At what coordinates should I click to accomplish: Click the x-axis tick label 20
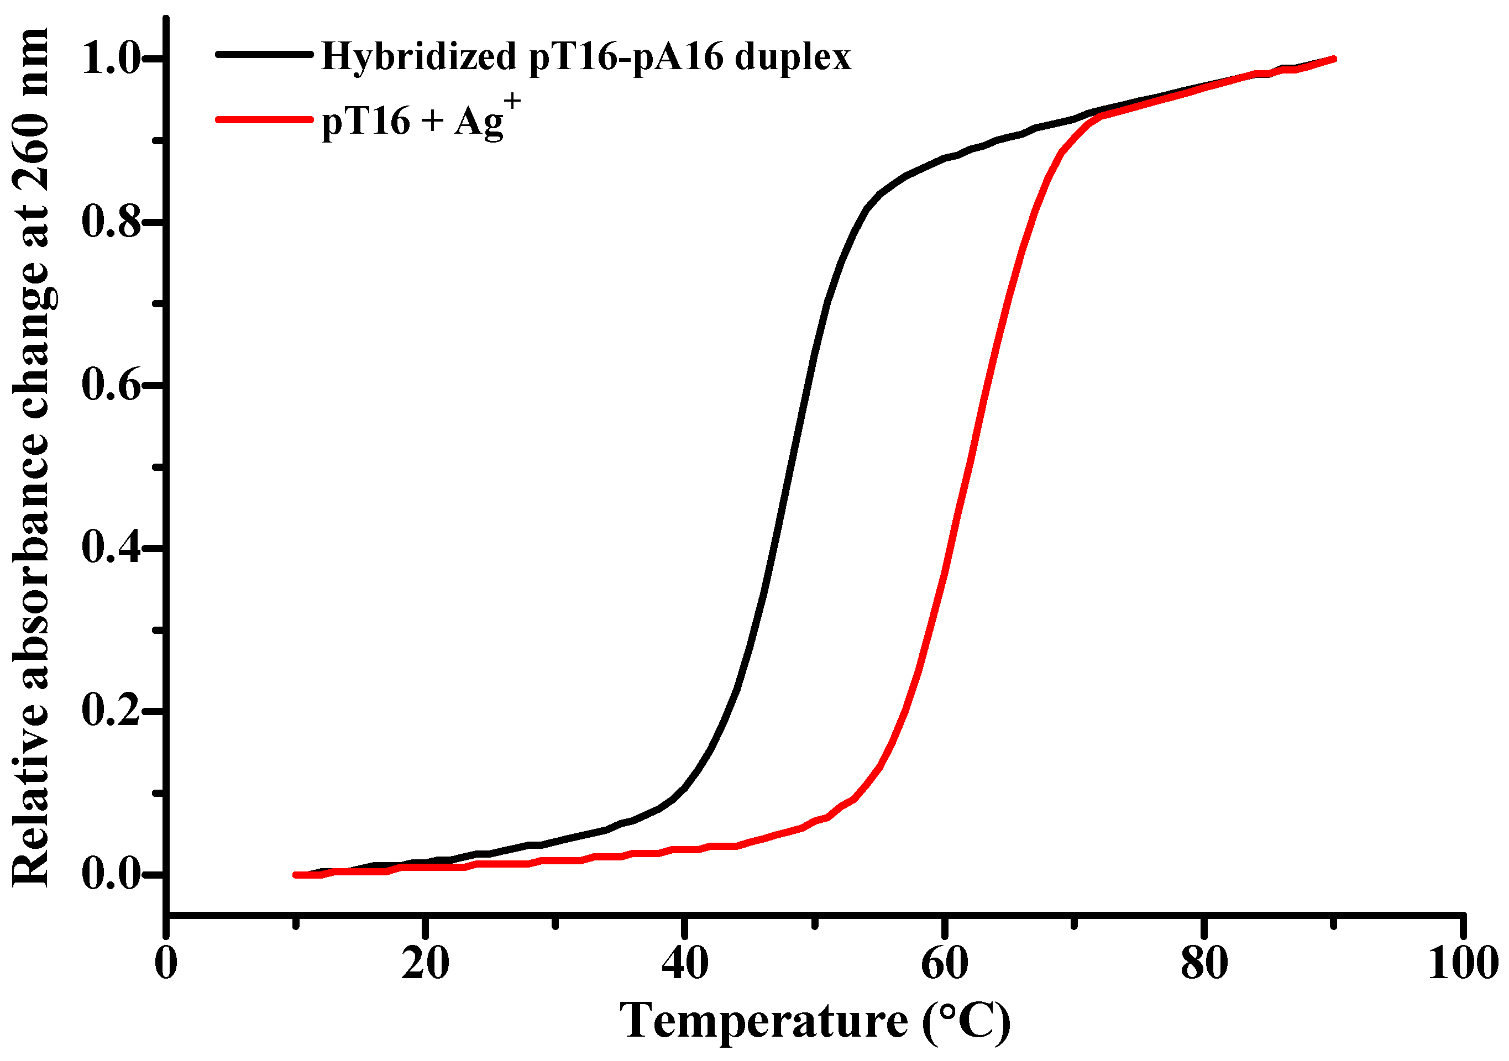pyautogui.click(x=425, y=964)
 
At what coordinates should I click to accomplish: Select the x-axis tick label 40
pyautogui.click(x=685, y=964)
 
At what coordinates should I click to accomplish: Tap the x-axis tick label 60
pyautogui.click(x=945, y=964)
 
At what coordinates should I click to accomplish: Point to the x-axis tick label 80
pyautogui.click(x=1204, y=964)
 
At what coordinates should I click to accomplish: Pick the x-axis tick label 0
pyautogui.click(x=166, y=964)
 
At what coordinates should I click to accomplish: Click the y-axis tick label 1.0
pyautogui.click(x=112, y=59)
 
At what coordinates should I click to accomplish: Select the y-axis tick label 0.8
pyautogui.click(x=112, y=222)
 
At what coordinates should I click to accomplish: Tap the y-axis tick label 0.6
pyautogui.click(x=112, y=385)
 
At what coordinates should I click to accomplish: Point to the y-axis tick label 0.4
pyautogui.click(x=112, y=548)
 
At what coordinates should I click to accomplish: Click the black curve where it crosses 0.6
pyautogui.click(x=808, y=385)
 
